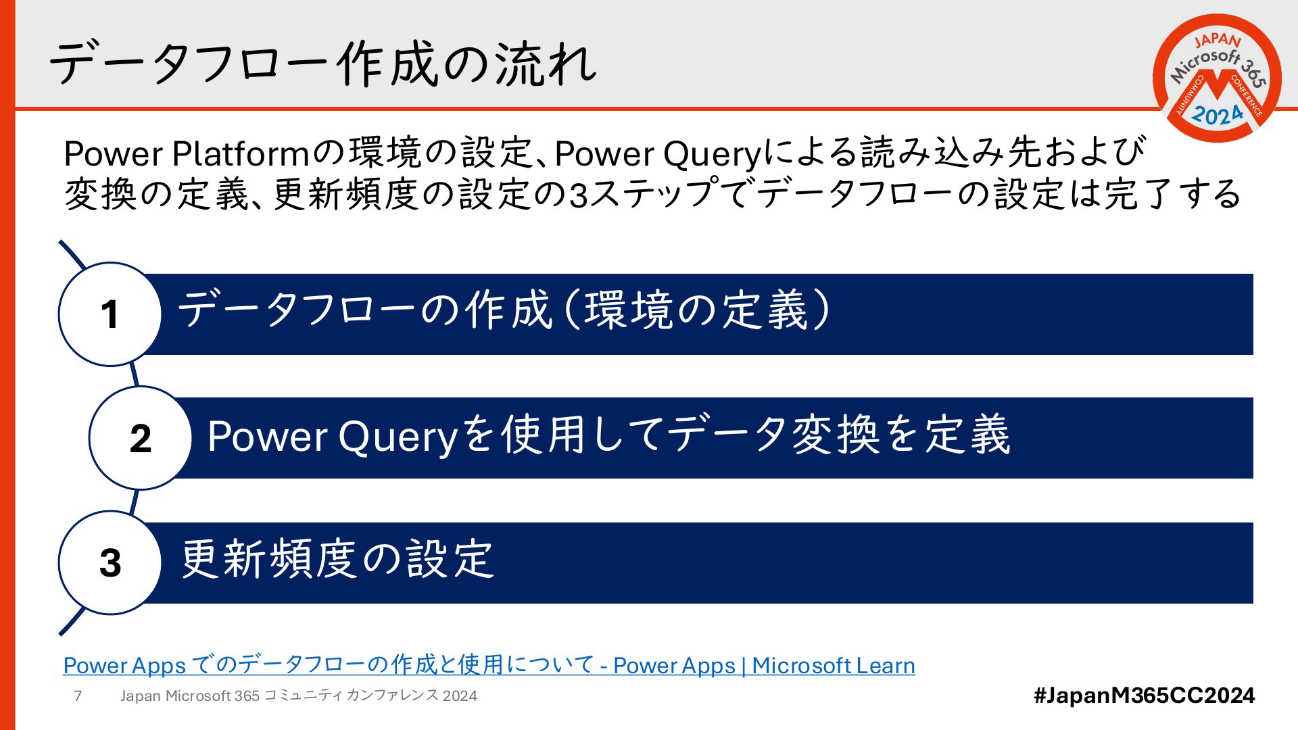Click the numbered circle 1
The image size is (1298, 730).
[x=110, y=314]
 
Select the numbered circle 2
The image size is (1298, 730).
[x=141, y=438]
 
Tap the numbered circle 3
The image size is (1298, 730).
[x=110, y=562]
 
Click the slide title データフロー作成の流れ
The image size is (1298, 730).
[x=323, y=64]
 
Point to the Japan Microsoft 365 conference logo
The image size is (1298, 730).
[x=1217, y=78]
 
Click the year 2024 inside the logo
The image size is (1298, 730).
[x=1217, y=115]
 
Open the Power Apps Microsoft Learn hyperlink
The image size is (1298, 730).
[x=489, y=665]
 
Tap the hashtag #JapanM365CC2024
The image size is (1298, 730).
[x=1144, y=695]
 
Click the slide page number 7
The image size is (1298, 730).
[x=78, y=696]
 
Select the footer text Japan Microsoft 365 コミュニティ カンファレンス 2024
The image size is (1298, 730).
[x=299, y=696]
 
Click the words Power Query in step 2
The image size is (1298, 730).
[x=333, y=437]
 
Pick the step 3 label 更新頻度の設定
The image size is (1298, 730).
[x=338, y=560]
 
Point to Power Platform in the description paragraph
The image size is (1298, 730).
[x=187, y=153]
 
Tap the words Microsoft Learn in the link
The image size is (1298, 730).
[x=834, y=665]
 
